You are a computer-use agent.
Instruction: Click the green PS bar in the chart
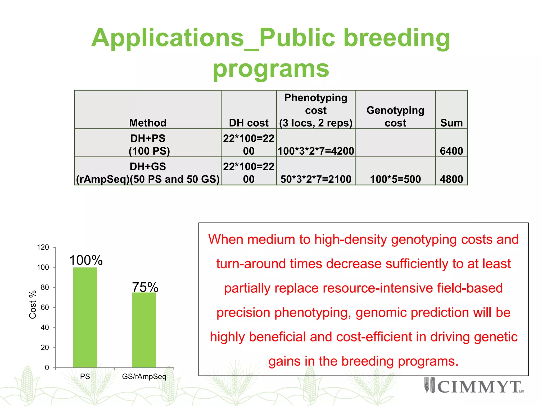point(85,317)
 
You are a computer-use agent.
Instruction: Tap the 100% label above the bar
point(86,260)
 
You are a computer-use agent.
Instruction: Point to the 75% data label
point(145,287)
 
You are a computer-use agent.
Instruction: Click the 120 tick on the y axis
point(43,247)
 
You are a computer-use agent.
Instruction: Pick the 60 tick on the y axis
point(45,307)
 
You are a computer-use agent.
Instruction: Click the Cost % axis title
point(33,304)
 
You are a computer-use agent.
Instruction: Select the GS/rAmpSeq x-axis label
point(144,376)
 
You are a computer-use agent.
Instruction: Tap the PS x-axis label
point(85,376)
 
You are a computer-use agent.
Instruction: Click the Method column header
point(148,123)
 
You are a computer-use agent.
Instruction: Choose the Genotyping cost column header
point(395,116)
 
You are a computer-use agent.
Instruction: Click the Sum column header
point(451,123)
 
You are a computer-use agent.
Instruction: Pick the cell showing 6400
point(451,151)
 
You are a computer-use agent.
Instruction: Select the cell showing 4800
point(451,179)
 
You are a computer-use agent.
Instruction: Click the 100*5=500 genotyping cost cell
point(395,179)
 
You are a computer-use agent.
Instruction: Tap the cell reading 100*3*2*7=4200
point(316,151)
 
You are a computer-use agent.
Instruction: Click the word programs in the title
point(271,69)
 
